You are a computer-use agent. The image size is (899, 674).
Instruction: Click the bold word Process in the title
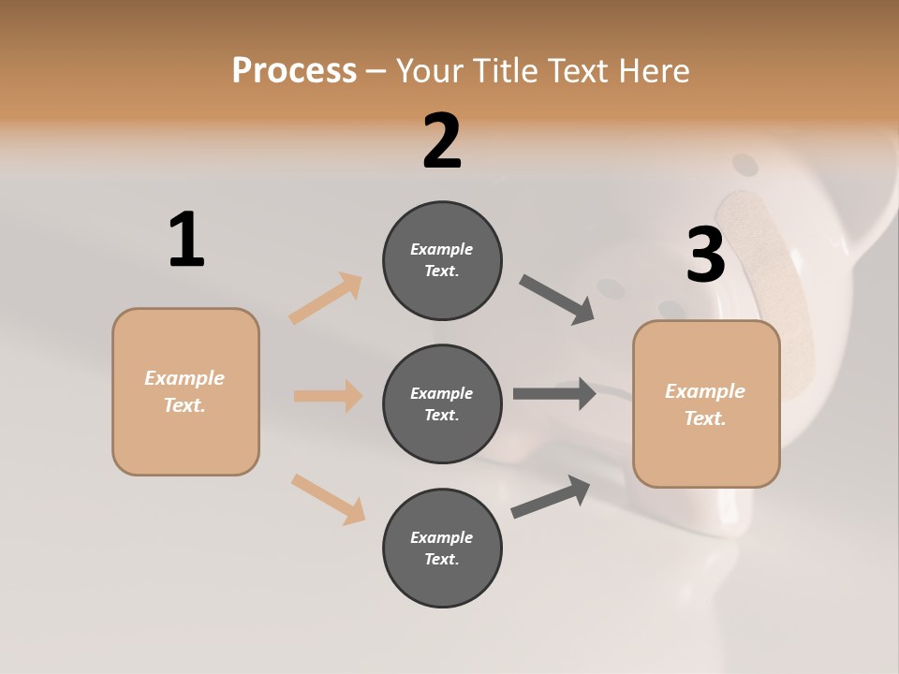(x=294, y=71)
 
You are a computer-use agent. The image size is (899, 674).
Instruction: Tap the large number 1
(x=186, y=240)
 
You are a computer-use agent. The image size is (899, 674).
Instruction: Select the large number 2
(x=442, y=141)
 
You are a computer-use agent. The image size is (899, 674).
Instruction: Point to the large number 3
(x=705, y=255)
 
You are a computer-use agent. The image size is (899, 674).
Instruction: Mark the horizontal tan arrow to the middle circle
(x=328, y=396)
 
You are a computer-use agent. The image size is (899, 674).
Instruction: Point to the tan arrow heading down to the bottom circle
(x=328, y=498)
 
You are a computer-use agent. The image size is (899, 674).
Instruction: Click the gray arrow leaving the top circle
(x=557, y=300)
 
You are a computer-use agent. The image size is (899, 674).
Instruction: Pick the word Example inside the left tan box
(x=184, y=378)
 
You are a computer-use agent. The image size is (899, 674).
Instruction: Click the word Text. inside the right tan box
(x=705, y=418)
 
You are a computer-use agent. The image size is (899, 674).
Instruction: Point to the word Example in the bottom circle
(x=442, y=537)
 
